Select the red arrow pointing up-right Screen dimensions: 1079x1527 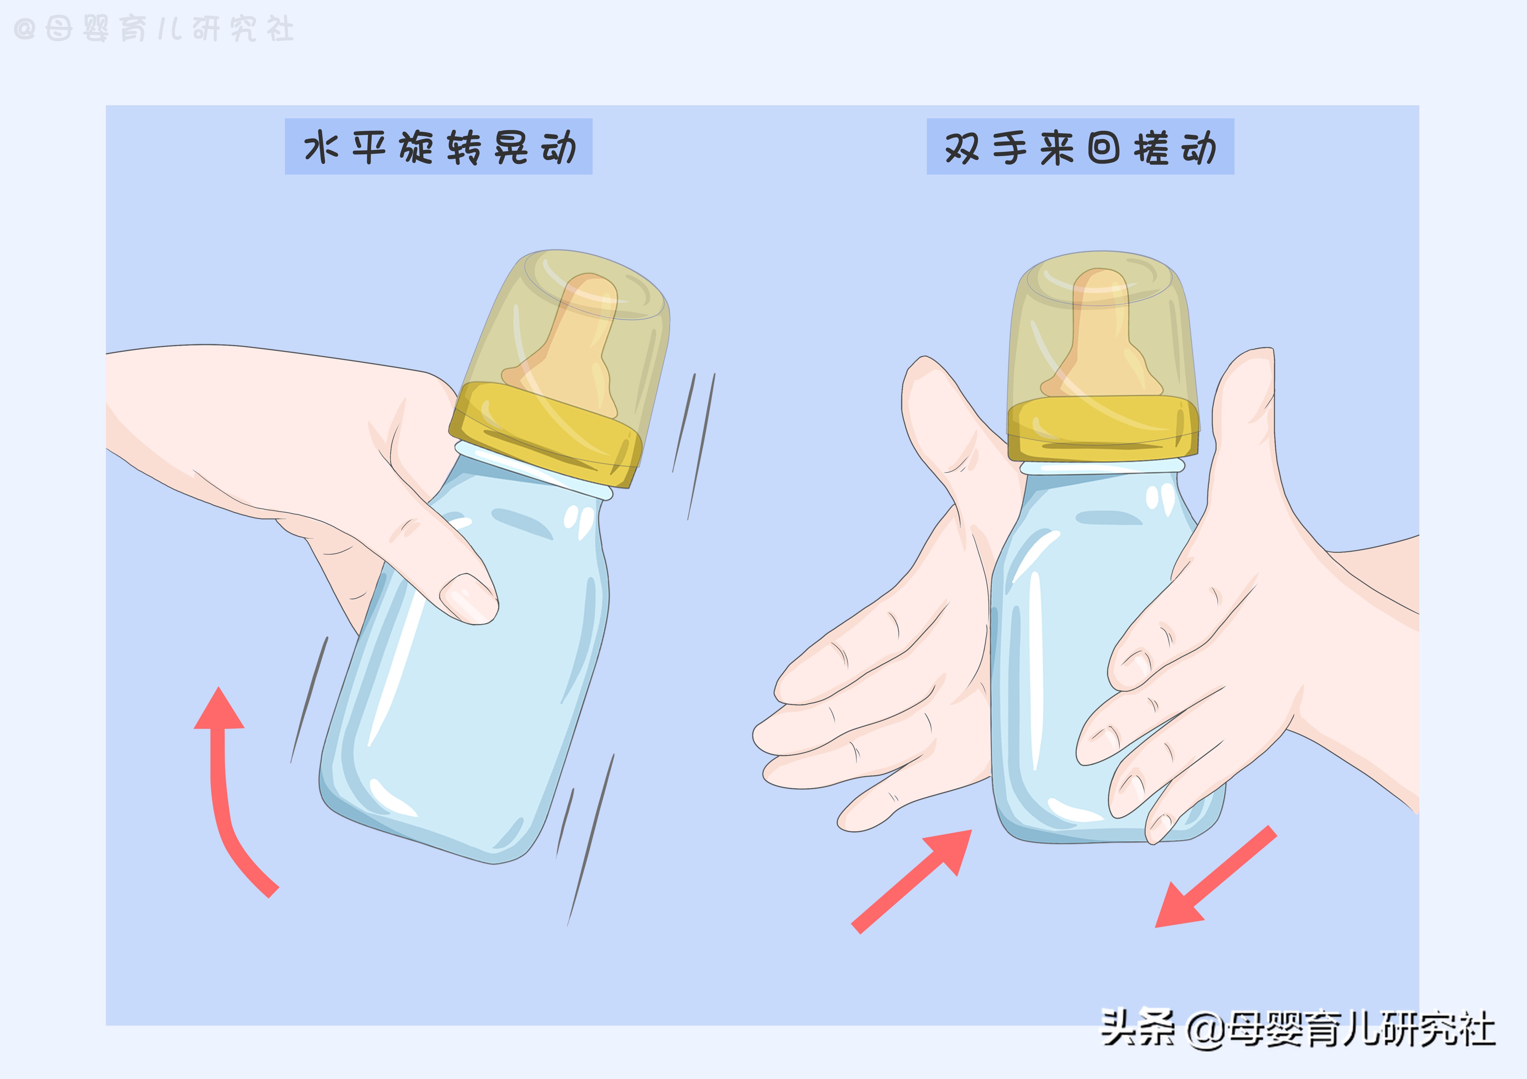pyautogui.click(x=918, y=878)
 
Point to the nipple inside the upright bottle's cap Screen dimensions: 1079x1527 pyautogui.click(x=1101, y=332)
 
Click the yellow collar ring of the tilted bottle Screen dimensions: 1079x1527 pyautogui.click(x=545, y=432)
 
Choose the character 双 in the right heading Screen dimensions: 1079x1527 pyautogui.click(x=962, y=147)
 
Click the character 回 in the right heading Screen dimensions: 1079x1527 pyautogui.click(x=1104, y=147)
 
